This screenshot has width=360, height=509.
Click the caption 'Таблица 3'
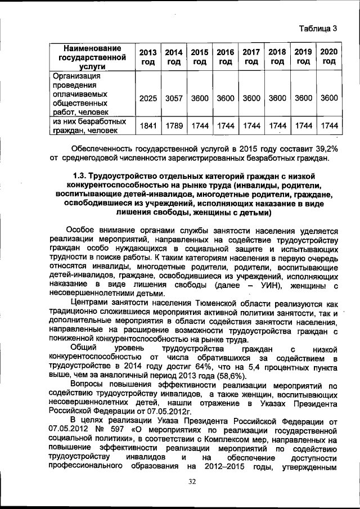(x=318, y=28)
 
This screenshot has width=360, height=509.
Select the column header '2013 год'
(x=148, y=57)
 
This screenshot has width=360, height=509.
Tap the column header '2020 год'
(x=329, y=57)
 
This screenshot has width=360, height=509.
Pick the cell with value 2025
(x=148, y=98)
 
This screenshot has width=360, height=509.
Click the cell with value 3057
(x=174, y=98)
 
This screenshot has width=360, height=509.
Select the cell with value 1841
(x=148, y=126)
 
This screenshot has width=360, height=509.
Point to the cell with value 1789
(x=174, y=126)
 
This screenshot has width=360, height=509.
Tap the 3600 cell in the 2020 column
(x=329, y=98)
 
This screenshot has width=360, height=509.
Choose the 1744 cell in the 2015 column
(x=200, y=126)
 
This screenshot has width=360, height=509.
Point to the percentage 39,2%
(x=324, y=148)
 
